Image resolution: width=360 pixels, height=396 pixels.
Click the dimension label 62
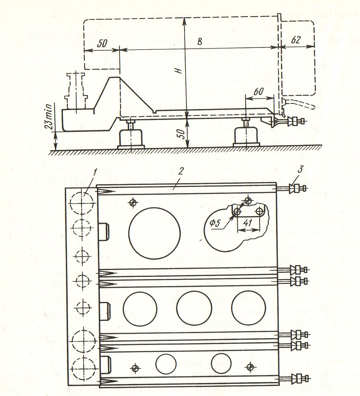[296, 40]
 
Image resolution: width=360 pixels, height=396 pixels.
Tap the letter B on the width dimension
[200, 42]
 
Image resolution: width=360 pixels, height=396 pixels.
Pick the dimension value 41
[248, 223]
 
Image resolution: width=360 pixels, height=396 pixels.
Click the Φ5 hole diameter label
[216, 224]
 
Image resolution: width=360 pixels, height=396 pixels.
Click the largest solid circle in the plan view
[154, 233]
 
